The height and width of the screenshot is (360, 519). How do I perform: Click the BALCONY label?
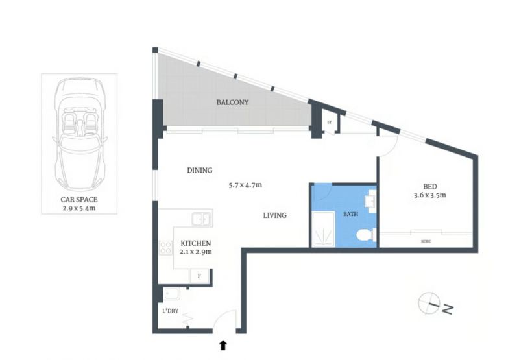coord(232,102)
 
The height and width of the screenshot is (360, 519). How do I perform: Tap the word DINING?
coord(200,171)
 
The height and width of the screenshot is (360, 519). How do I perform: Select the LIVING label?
coord(274,215)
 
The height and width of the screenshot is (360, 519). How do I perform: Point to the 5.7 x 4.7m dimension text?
coord(245,185)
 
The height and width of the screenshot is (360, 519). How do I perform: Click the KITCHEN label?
coord(196,243)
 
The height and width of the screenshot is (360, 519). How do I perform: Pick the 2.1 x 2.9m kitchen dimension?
coord(196,252)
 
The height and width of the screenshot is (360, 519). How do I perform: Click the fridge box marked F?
coord(199,276)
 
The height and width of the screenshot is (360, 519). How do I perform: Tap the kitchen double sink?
coord(202,219)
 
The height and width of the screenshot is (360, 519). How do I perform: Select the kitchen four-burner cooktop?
coord(165,248)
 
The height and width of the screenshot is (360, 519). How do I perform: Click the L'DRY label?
coord(171,311)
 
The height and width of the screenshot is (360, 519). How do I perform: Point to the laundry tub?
coord(172,294)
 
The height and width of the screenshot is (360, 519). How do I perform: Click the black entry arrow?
coord(223,345)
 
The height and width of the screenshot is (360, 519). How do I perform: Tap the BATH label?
coord(350,215)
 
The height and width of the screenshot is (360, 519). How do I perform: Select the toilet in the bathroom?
coord(366,235)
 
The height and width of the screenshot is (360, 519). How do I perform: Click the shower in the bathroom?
coord(323,229)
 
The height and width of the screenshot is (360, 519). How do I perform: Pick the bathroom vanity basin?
coord(370,201)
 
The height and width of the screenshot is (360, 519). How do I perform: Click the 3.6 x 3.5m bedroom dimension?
coord(429,195)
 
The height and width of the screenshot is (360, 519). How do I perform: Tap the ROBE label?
coord(426,241)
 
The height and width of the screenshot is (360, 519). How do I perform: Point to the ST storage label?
coord(330,123)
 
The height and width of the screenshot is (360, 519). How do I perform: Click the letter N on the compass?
coord(447,309)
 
